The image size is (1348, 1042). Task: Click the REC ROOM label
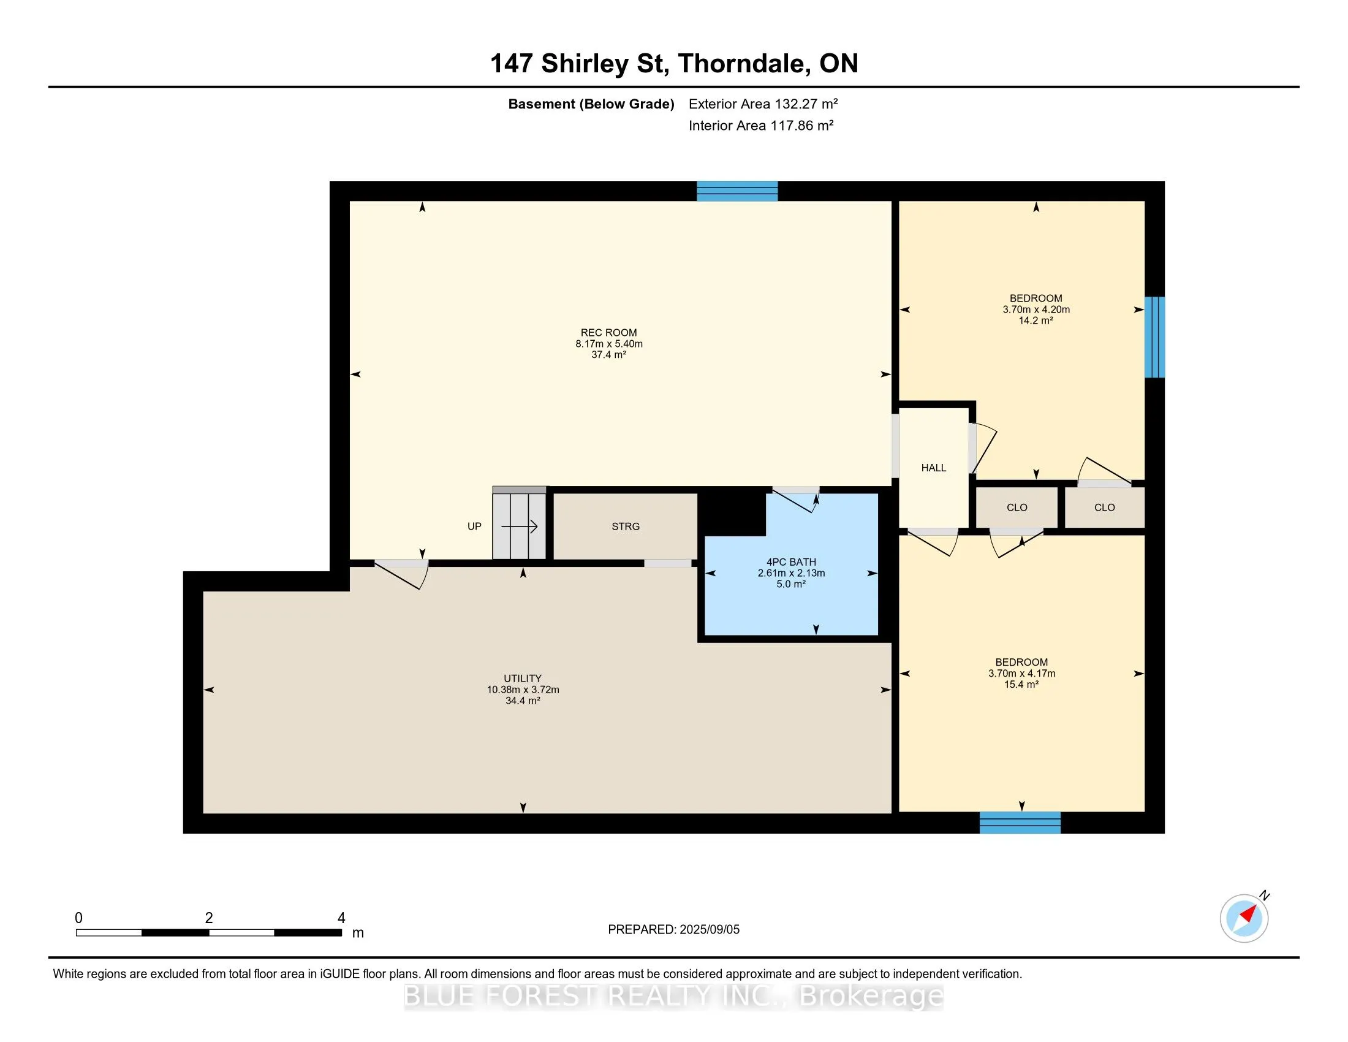click(608, 333)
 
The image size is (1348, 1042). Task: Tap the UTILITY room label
click(523, 679)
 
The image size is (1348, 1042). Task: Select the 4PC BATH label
click(791, 562)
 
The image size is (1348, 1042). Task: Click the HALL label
click(933, 468)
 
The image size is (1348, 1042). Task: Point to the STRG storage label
click(625, 527)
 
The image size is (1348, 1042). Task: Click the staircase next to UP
click(519, 523)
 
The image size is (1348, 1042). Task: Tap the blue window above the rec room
click(737, 191)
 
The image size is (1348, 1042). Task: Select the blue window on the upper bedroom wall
click(1155, 337)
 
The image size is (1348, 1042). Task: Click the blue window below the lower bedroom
click(1020, 823)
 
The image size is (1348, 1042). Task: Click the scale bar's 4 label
click(341, 918)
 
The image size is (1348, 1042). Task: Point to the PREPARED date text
click(673, 930)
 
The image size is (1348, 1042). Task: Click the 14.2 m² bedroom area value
click(1036, 321)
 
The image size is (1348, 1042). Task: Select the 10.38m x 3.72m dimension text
click(523, 690)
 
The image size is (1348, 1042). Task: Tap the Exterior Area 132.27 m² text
click(763, 104)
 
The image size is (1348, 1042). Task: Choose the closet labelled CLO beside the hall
click(1017, 508)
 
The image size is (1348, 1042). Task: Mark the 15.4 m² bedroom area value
click(1021, 685)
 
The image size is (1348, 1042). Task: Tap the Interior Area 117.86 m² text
click(761, 125)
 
